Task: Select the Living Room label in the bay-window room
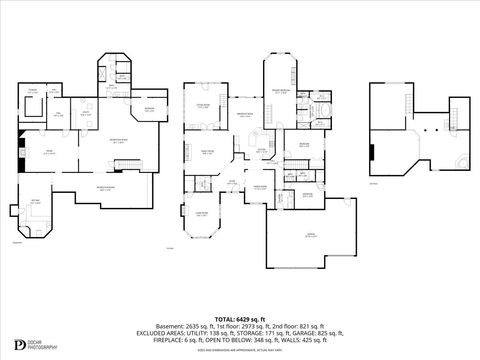pyautogui.click(x=201, y=213)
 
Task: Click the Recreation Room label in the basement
pyautogui.click(x=118, y=141)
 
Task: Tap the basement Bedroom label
pyautogui.click(x=147, y=109)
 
